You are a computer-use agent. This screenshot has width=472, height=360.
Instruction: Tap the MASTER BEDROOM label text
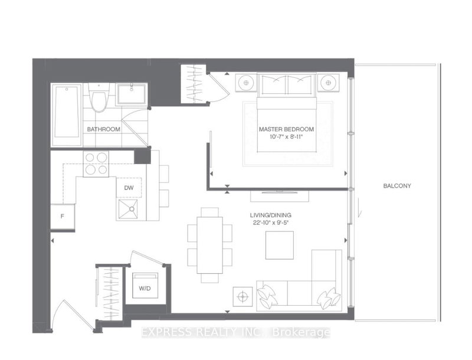(286, 129)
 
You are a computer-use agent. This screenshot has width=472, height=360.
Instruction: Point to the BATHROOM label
(104, 129)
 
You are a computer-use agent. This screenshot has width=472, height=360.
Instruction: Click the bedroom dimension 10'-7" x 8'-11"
(286, 138)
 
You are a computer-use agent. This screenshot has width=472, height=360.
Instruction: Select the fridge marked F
(63, 217)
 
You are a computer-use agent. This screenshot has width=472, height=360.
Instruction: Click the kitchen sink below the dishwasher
(129, 209)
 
